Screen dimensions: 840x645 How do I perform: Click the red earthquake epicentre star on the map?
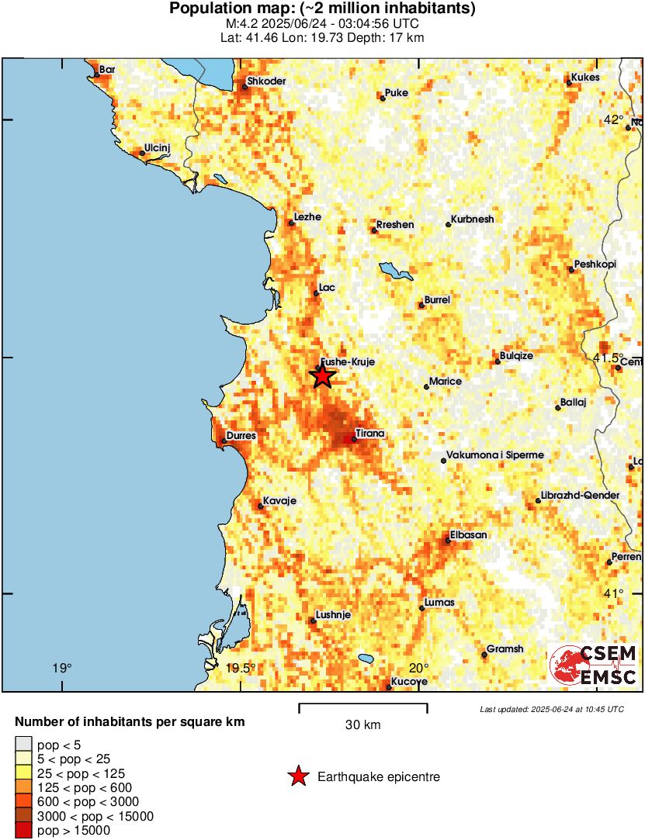click(323, 376)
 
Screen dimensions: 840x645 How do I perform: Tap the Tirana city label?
click(369, 433)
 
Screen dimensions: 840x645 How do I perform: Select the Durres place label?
click(241, 436)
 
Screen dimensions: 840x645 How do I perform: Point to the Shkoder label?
click(265, 81)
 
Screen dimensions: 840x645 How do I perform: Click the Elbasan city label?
click(469, 535)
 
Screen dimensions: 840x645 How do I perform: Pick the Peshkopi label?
click(595, 264)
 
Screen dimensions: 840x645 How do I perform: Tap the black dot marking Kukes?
click(569, 83)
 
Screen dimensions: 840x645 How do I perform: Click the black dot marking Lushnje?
click(314, 620)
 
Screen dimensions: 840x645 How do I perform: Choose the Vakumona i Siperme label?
click(494, 455)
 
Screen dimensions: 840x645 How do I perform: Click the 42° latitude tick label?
click(613, 119)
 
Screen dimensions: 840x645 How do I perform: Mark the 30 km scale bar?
click(363, 706)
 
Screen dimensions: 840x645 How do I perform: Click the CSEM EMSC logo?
click(594, 666)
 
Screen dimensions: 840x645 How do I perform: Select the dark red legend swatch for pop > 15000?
click(24, 831)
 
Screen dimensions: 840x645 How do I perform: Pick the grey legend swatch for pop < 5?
click(24, 744)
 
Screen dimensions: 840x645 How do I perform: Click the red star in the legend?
click(298, 776)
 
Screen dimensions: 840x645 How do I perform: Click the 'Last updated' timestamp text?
click(552, 709)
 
